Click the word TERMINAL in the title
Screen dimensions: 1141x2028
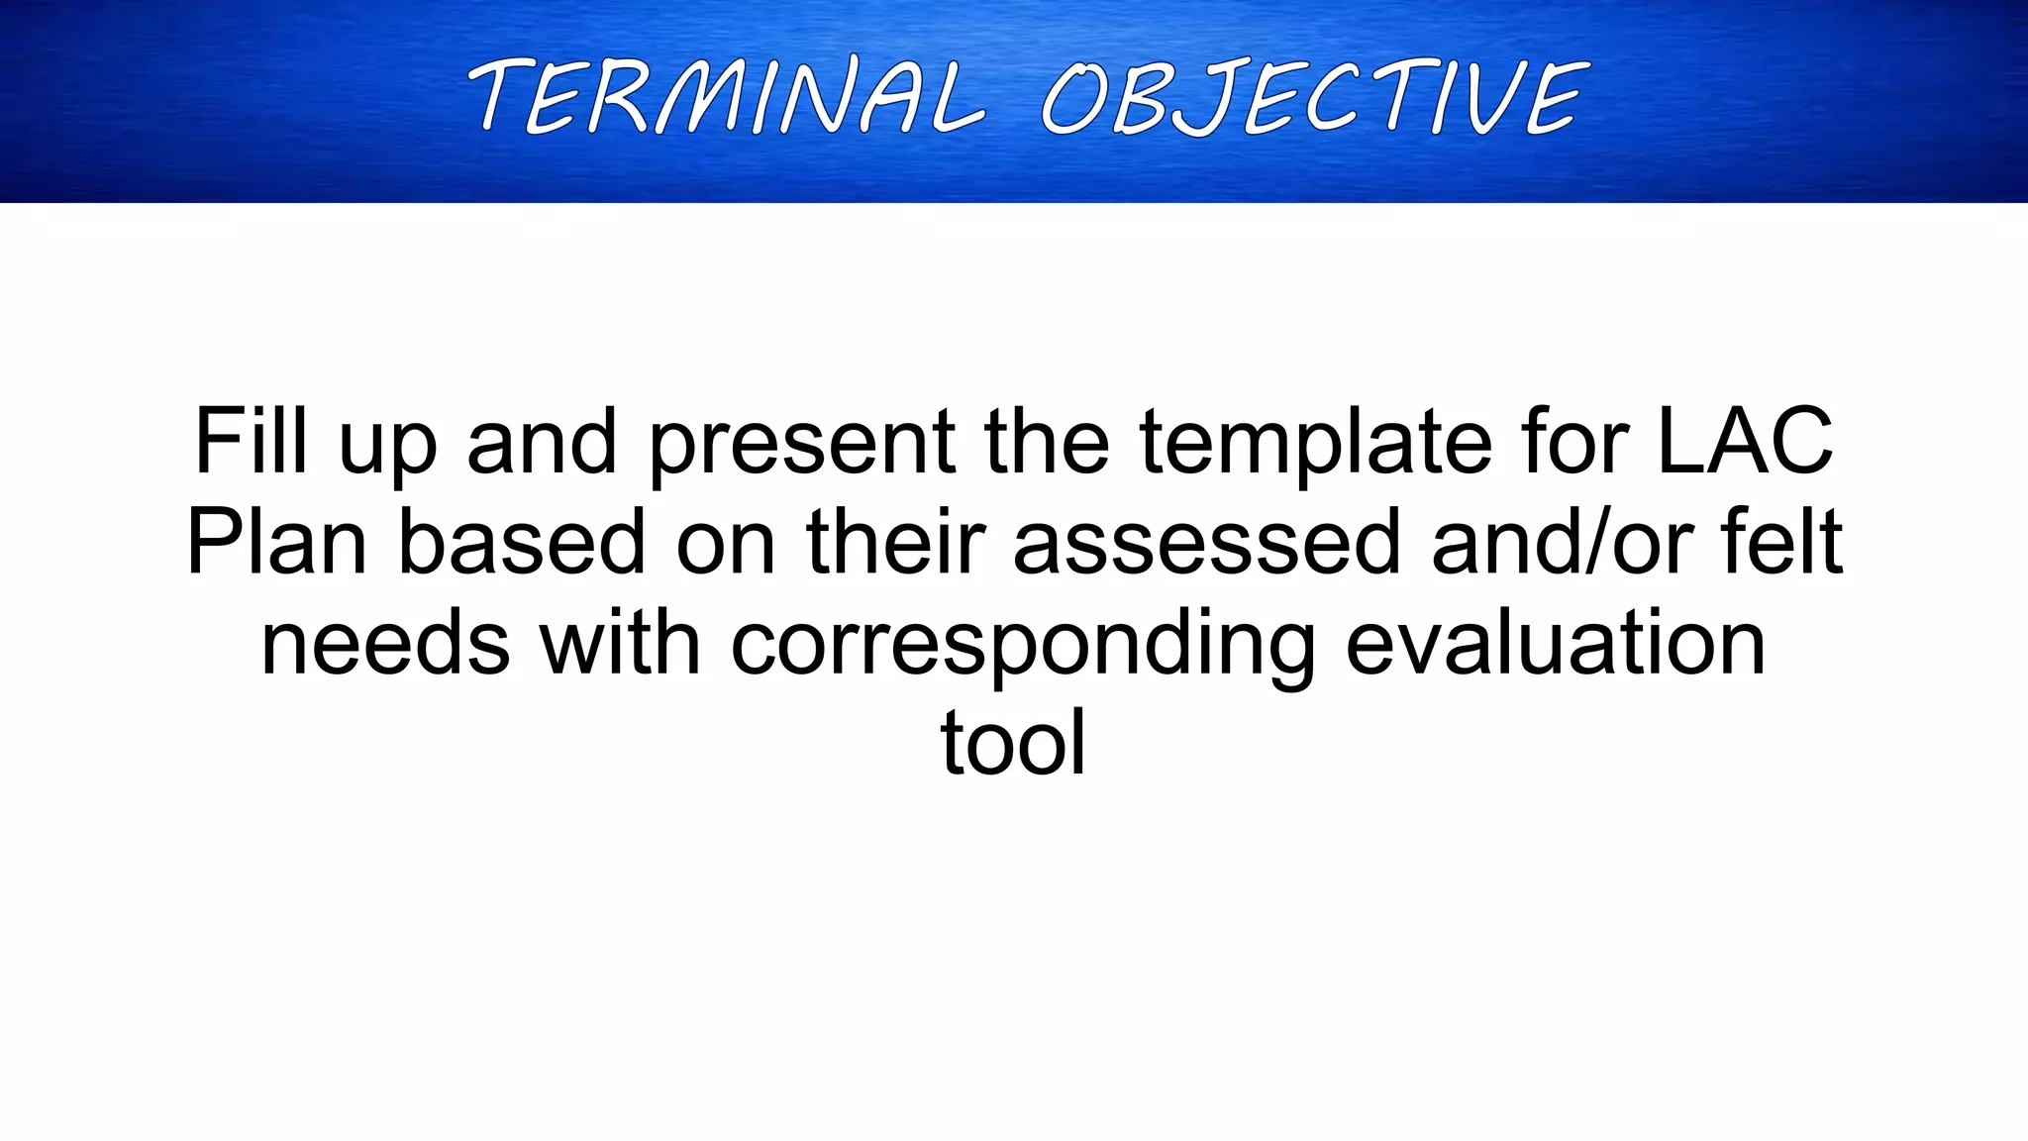[x=728, y=96]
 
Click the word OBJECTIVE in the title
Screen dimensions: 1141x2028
[x=1315, y=96]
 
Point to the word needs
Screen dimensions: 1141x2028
[x=385, y=643]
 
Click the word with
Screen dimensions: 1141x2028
[x=620, y=643]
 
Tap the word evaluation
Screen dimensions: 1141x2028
[x=1556, y=643]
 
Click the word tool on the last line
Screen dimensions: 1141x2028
[x=1013, y=743]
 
